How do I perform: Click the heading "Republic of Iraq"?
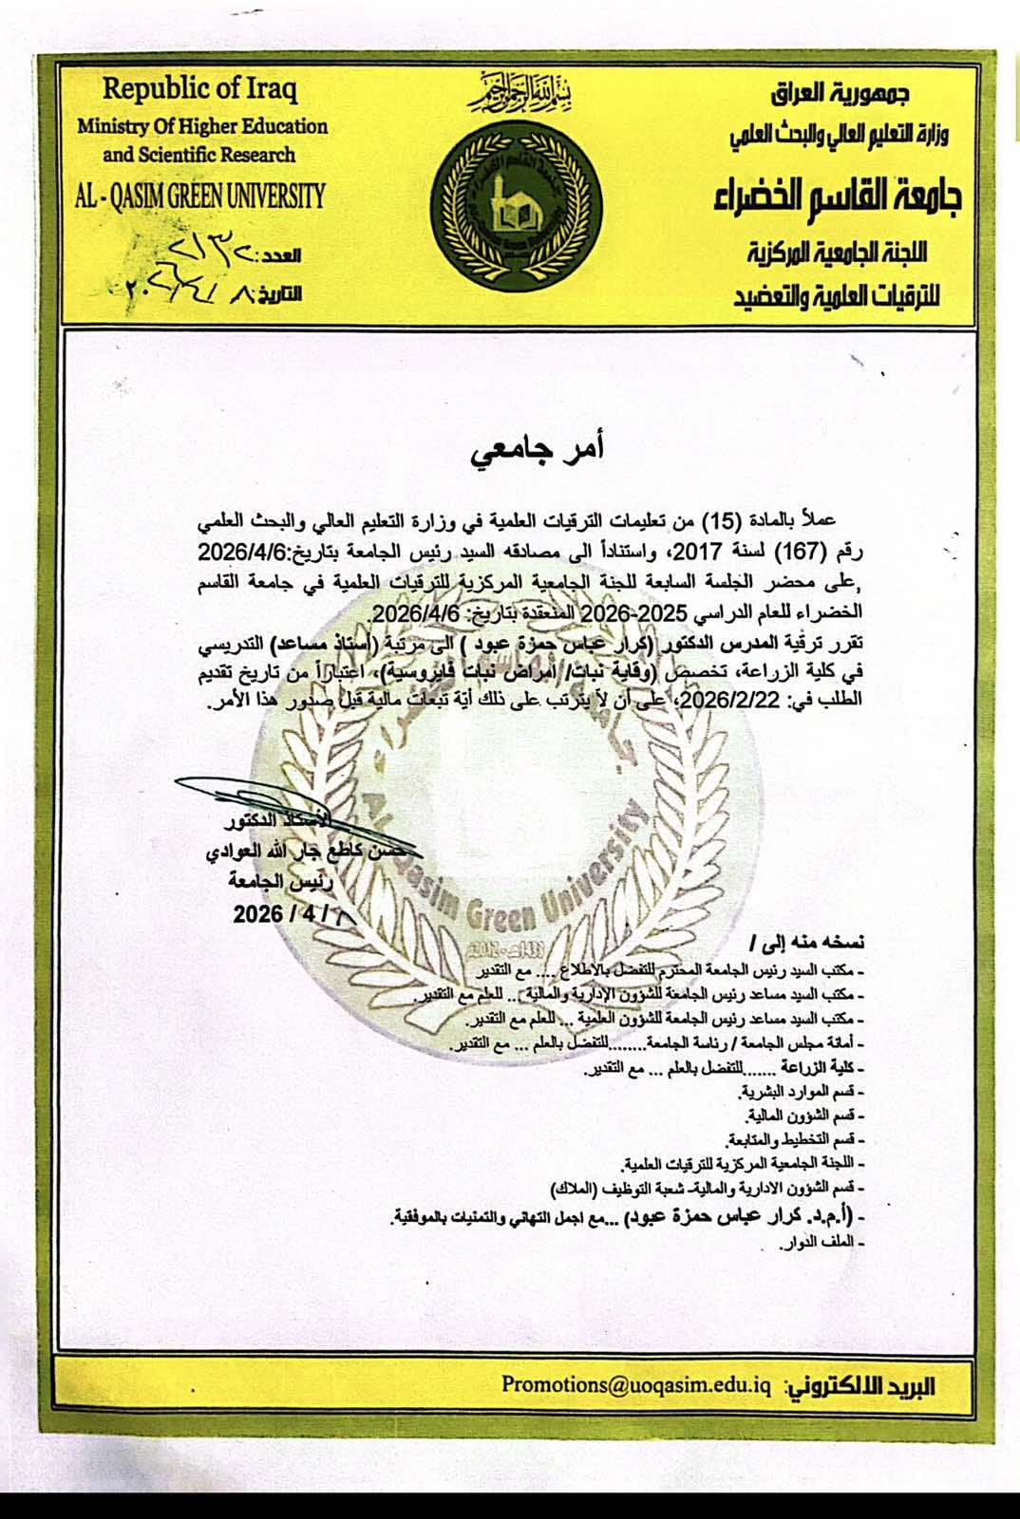click(199, 89)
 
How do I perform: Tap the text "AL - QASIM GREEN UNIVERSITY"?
click(199, 197)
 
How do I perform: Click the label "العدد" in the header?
click(280, 255)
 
